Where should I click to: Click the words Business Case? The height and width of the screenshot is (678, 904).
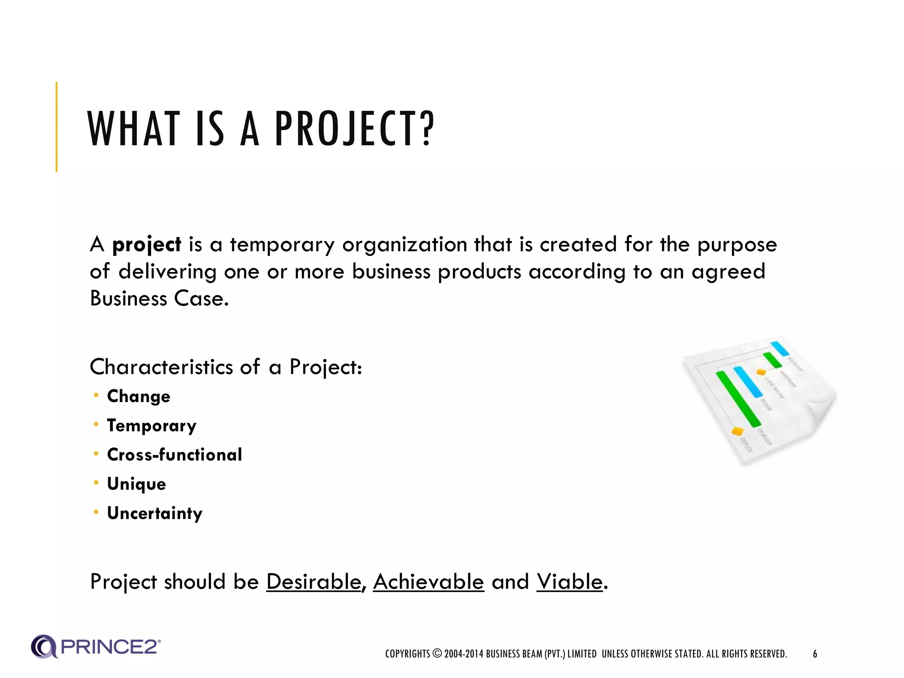pyautogui.click(x=159, y=299)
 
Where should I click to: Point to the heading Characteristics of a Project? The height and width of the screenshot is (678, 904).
pyautogui.click(x=226, y=367)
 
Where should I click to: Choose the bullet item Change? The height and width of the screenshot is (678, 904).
pyautogui.click(x=139, y=396)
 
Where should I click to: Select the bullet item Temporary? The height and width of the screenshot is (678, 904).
pyautogui.click(x=151, y=426)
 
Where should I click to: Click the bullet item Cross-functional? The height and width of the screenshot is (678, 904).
pyautogui.click(x=174, y=455)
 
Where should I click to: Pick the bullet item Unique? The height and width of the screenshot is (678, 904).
pyautogui.click(x=136, y=484)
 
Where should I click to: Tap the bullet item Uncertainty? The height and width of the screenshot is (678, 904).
pyautogui.click(x=154, y=513)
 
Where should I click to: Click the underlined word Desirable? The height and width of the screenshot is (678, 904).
pyautogui.click(x=314, y=582)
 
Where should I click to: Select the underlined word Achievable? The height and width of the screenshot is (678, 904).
pyautogui.click(x=428, y=582)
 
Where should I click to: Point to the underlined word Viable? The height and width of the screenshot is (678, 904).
pyautogui.click(x=569, y=582)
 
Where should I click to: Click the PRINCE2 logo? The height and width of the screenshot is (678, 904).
pyautogui.click(x=96, y=647)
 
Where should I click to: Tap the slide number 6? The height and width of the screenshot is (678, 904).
pyautogui.click(x=815, y=654)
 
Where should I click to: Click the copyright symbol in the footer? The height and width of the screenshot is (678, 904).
pyautogui.click(x=437, y=653)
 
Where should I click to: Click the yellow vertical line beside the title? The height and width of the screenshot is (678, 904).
pyautogui.click(x=56, y=127)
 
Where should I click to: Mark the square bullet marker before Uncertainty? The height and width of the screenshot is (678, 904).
pyautogui.click(x=96, y=512)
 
